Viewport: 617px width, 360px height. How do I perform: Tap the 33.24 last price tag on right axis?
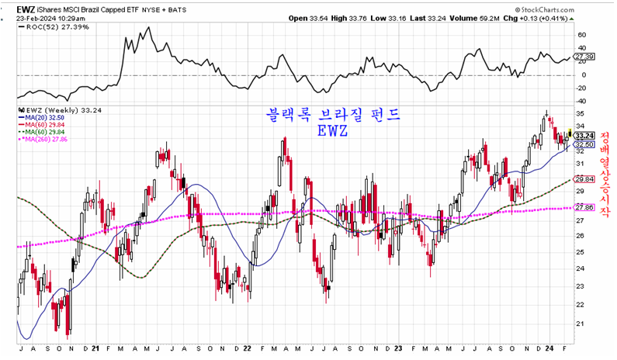[x=584, y=135]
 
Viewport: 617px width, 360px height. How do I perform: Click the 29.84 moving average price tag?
[x=584, y=179]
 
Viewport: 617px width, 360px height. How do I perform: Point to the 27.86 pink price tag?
[x=584, y=207]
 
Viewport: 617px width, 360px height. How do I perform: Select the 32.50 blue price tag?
[x=584, y=145]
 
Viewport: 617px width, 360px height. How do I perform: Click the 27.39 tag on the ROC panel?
[x=584, y=57]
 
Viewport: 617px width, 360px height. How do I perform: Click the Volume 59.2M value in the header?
[x=458, y=18]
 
